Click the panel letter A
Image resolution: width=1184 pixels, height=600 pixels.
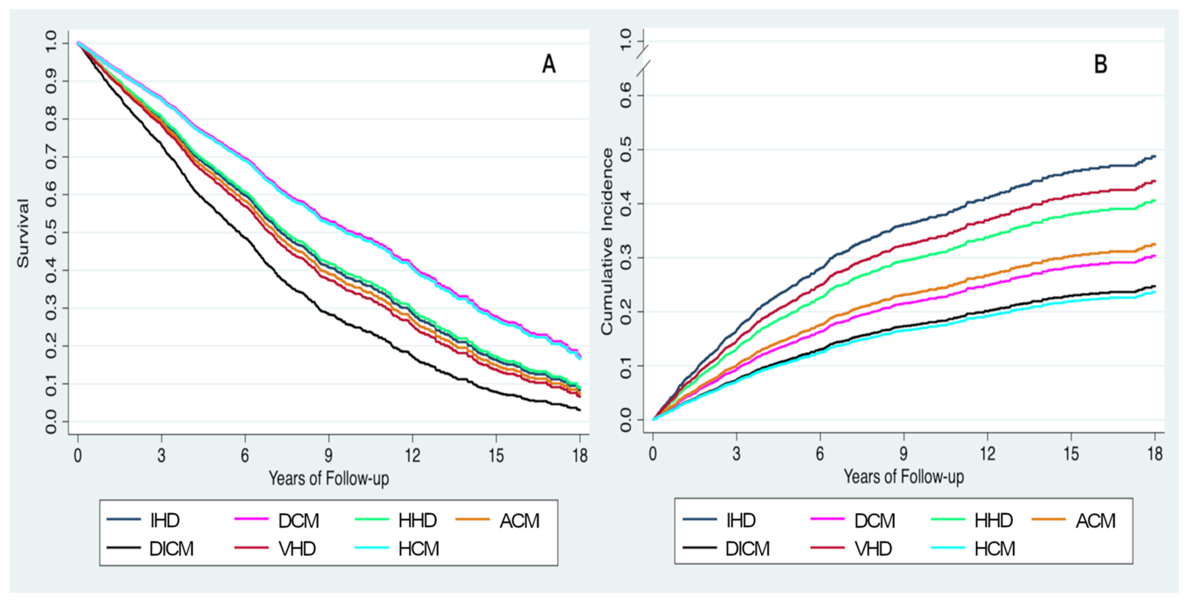click(x=549, y=64)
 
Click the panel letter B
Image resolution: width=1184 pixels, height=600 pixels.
click(x=1100, y=64)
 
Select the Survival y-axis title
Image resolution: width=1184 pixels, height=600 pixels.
click(x=23, y=233)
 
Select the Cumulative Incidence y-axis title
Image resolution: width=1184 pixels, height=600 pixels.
click(x=607, y=241)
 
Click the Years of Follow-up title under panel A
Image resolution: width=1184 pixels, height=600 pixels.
click(x=329, y=478)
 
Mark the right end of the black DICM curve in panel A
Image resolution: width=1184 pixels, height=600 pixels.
click(x=580, y=410)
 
